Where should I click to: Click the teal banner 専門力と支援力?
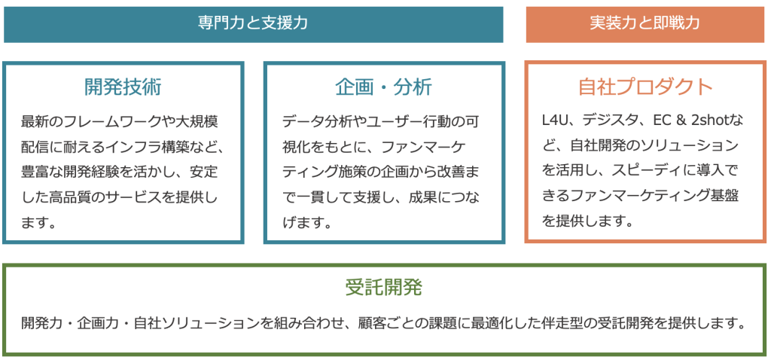pos(253,24)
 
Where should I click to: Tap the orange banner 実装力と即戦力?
pos(645,24)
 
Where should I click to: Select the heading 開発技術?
pos(123,87)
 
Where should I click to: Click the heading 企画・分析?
pos(383,87)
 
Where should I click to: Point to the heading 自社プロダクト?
pos(645,87)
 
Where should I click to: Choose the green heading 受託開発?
pos(383,288)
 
